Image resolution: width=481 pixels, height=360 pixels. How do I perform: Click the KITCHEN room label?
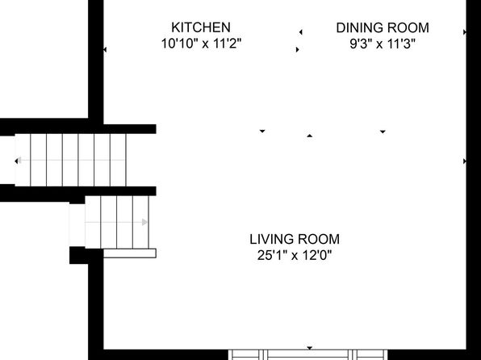pyautogui.click(x=201, y=27)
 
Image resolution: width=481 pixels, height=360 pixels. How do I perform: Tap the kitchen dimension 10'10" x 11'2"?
pyautogui.click(x=201, y=44)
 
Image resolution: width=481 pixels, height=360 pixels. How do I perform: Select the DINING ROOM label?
pyautogui.click(x=383, y=28)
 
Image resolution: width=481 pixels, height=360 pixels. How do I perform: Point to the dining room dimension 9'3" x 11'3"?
pyautogui.click(x=383, y=44)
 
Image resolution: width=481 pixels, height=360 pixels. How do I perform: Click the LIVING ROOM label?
pyautogui.click(x=295, y=239)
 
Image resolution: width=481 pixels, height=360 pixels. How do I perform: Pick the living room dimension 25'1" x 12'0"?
pyautogui.click(x=295, y=255)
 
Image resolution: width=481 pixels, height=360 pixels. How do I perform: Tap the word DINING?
pyautogui.click(x=358, y=28)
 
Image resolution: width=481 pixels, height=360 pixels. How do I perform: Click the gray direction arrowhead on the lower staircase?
pyautogui.click(x=144, y=222)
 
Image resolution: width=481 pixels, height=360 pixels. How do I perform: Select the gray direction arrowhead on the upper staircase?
pyautogui.click(x=19, y=160)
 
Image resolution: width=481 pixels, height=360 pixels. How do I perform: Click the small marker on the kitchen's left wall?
pyautogui.click(x=105, y=49)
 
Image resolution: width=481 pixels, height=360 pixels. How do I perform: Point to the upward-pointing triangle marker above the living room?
pyautogui.click(x=310, y=136)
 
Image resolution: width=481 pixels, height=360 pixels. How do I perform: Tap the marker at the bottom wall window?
pyautogui.click(x=310, y=348)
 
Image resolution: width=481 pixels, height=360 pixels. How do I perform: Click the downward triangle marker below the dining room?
pyautogui.click(x=383, y=132)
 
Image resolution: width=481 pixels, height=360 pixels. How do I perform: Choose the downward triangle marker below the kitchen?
pyautogui.click(x=262, y=131)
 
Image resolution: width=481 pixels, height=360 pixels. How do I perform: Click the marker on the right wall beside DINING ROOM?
pyautogui.click(x=465, y=32)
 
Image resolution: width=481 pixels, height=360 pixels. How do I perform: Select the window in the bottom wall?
pyautogui.click(x=308, y=354)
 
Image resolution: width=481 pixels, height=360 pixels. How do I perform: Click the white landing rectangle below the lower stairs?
pyautogui.click(x=130, y=253)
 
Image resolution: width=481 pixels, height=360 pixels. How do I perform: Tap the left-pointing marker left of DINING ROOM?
pyautogui.click(x=301, y=32)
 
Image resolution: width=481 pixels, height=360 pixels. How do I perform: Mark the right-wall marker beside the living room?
pyautogui.click(x=465, y=161)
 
